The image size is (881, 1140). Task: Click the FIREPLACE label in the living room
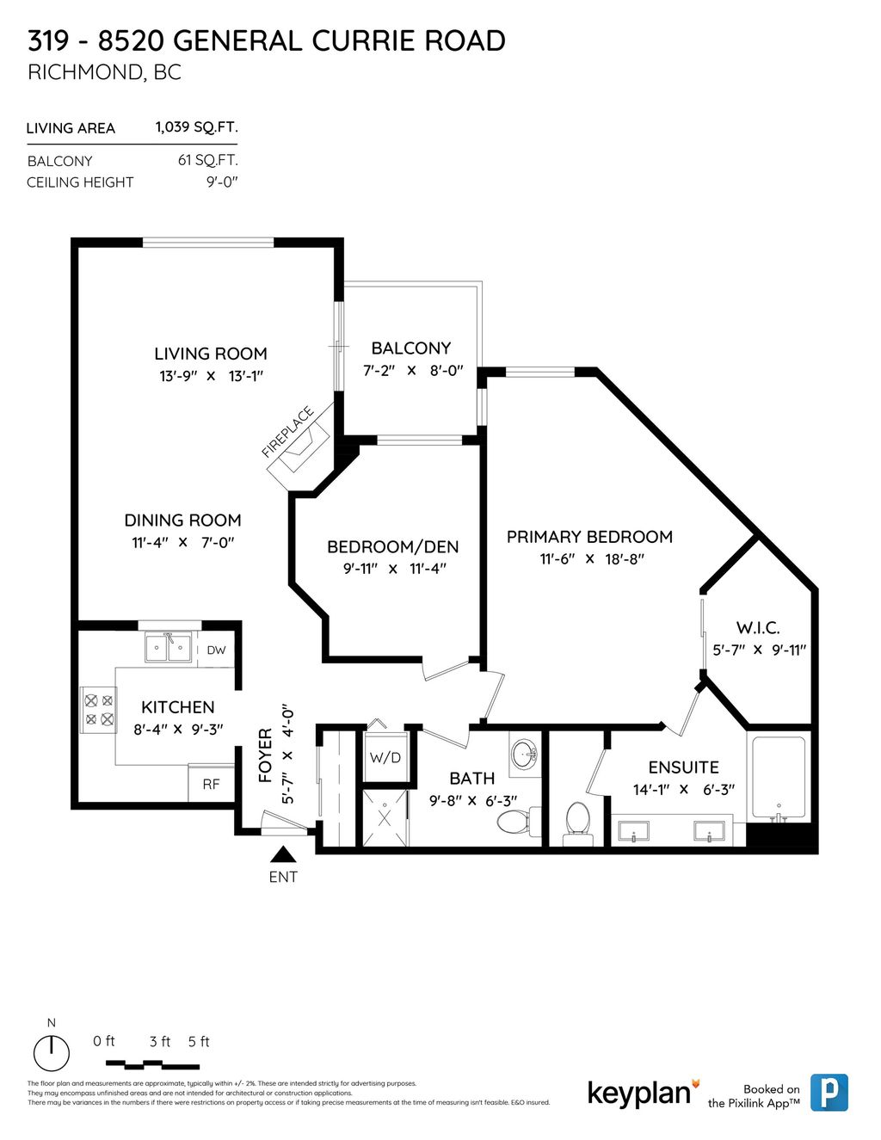(287, 431)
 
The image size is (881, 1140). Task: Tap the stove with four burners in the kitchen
(97, 709)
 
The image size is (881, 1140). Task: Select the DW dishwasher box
(216, 650)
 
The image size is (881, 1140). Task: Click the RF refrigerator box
(211, 784)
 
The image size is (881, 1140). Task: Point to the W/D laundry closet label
(385, 757)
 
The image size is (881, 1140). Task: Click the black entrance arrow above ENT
(283, 854)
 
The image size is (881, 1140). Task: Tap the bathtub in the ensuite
(779, 778)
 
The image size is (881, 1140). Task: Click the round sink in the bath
(523, 755)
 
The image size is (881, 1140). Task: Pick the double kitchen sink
(168, 648)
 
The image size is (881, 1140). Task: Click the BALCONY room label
(410, 348)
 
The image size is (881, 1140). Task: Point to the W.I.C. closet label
(757, 628)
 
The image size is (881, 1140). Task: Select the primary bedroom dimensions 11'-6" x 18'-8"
(592, 559)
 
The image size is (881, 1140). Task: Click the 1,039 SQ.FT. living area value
(196, 127)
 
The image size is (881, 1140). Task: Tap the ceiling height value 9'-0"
(222, 182)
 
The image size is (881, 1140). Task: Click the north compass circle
(52, 1052)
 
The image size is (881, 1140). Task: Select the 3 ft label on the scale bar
(160, 1042)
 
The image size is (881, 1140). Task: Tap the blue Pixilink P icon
(829, 1093)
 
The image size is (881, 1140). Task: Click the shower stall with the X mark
(385, 817)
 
